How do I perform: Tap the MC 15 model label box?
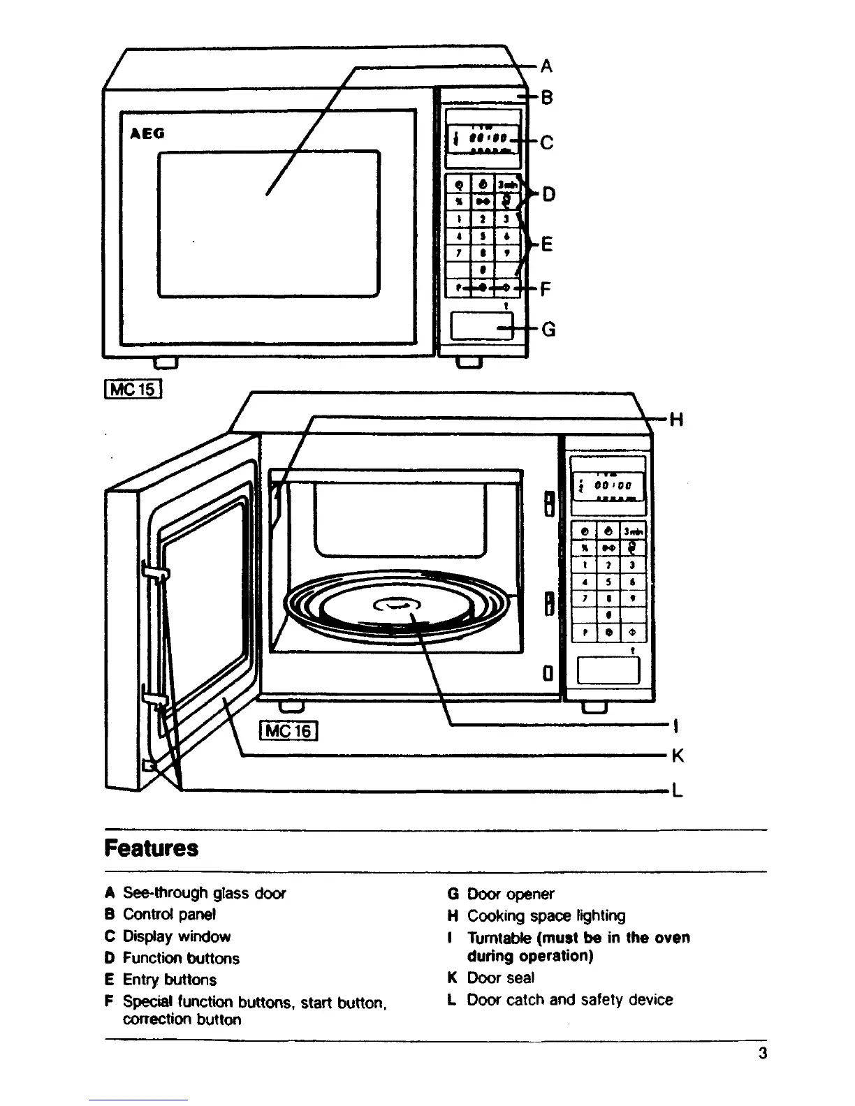point(133,387)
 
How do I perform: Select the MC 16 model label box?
point(288,730)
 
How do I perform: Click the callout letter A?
point(547,66)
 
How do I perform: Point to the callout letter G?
point(548,329)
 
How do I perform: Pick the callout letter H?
point(676,420)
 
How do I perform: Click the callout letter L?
point(676,791)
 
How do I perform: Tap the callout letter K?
point(676,756)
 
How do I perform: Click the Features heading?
point(152,848)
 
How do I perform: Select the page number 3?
point(762,1054)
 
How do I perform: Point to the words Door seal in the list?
point(501,978)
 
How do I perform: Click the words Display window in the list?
point(176,936)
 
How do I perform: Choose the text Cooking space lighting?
point(546,915)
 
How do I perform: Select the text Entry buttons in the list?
point(170,980)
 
